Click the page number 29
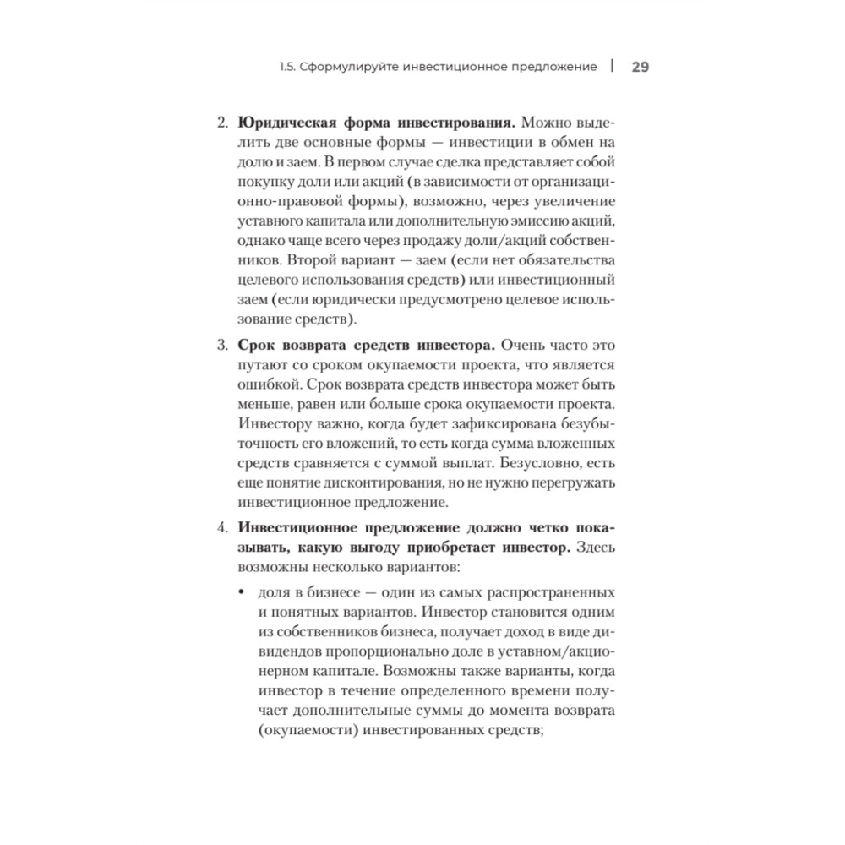click(x=640, y=67)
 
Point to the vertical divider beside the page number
click(x=612, y=66)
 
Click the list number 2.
click(x=223, y=122)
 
